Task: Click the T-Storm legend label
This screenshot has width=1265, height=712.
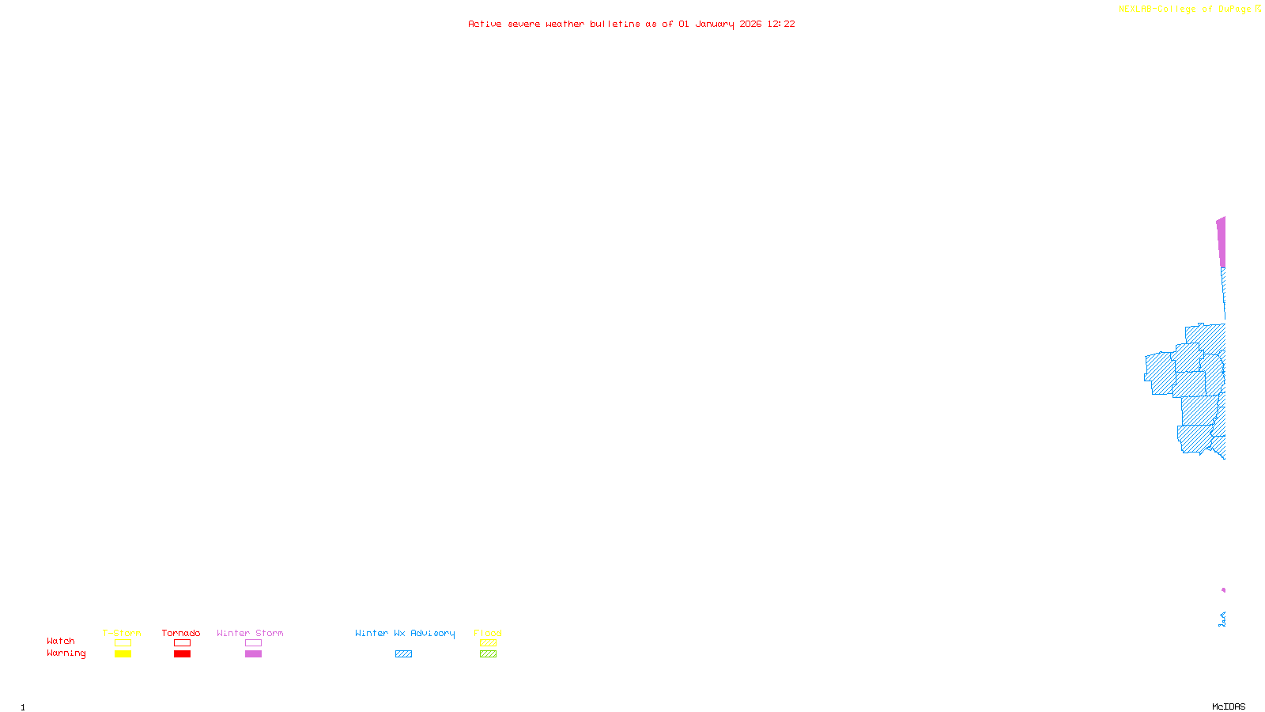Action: coord(122,633)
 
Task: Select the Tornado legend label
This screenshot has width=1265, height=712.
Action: coord(181,633)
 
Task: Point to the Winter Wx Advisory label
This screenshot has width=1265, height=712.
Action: coord(405,633)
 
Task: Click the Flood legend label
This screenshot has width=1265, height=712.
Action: coord(488,633)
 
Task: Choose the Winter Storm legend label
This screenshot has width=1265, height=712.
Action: coord(250,633)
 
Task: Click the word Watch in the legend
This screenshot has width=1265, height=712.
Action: coord(61,641)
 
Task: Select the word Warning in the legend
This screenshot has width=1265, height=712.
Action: coord(66,653)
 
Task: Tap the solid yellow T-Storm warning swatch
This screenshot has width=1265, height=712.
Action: coord(123,654)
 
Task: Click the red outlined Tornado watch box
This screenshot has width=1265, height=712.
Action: coord(182,643)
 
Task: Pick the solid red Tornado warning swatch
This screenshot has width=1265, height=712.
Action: coord(182,654)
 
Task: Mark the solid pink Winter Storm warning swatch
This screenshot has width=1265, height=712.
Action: coord(253,654)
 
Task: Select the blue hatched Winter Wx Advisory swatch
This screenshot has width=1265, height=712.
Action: coord(403,654)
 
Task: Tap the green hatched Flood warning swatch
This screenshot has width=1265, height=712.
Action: coord(488,654)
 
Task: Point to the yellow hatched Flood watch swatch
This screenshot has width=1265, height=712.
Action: coord(488,643)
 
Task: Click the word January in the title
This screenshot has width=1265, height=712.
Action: coord(715,24)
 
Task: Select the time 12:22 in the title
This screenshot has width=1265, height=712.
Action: coord(781,24)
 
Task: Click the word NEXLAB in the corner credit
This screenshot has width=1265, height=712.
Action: coord(1135,9)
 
